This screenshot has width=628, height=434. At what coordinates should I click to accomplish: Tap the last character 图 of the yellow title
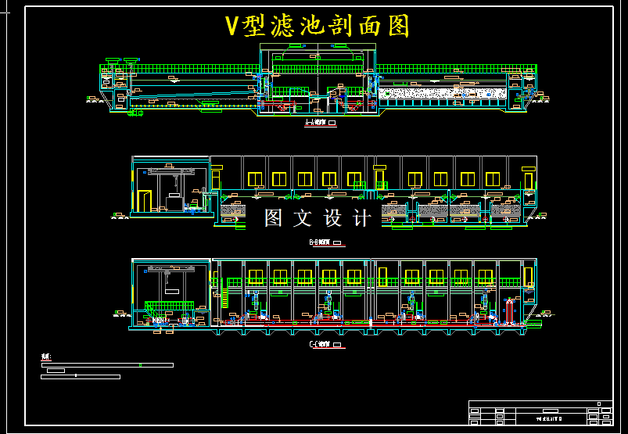pos(397,26)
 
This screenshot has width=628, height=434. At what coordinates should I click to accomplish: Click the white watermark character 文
pos(303,218)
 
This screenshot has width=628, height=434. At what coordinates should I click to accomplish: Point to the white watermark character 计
pos(362,218)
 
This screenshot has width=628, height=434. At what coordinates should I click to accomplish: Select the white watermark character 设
pos(332,218)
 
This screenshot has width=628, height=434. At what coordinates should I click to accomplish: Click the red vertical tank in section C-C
pos(511,310)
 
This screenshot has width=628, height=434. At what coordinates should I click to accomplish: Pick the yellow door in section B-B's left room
pos(144,201)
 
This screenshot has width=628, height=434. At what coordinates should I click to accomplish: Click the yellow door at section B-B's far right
pos(529,181)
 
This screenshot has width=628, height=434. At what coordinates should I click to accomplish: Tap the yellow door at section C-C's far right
pos(528,277)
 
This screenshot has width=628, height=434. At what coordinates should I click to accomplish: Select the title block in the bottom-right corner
pos(539,412)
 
